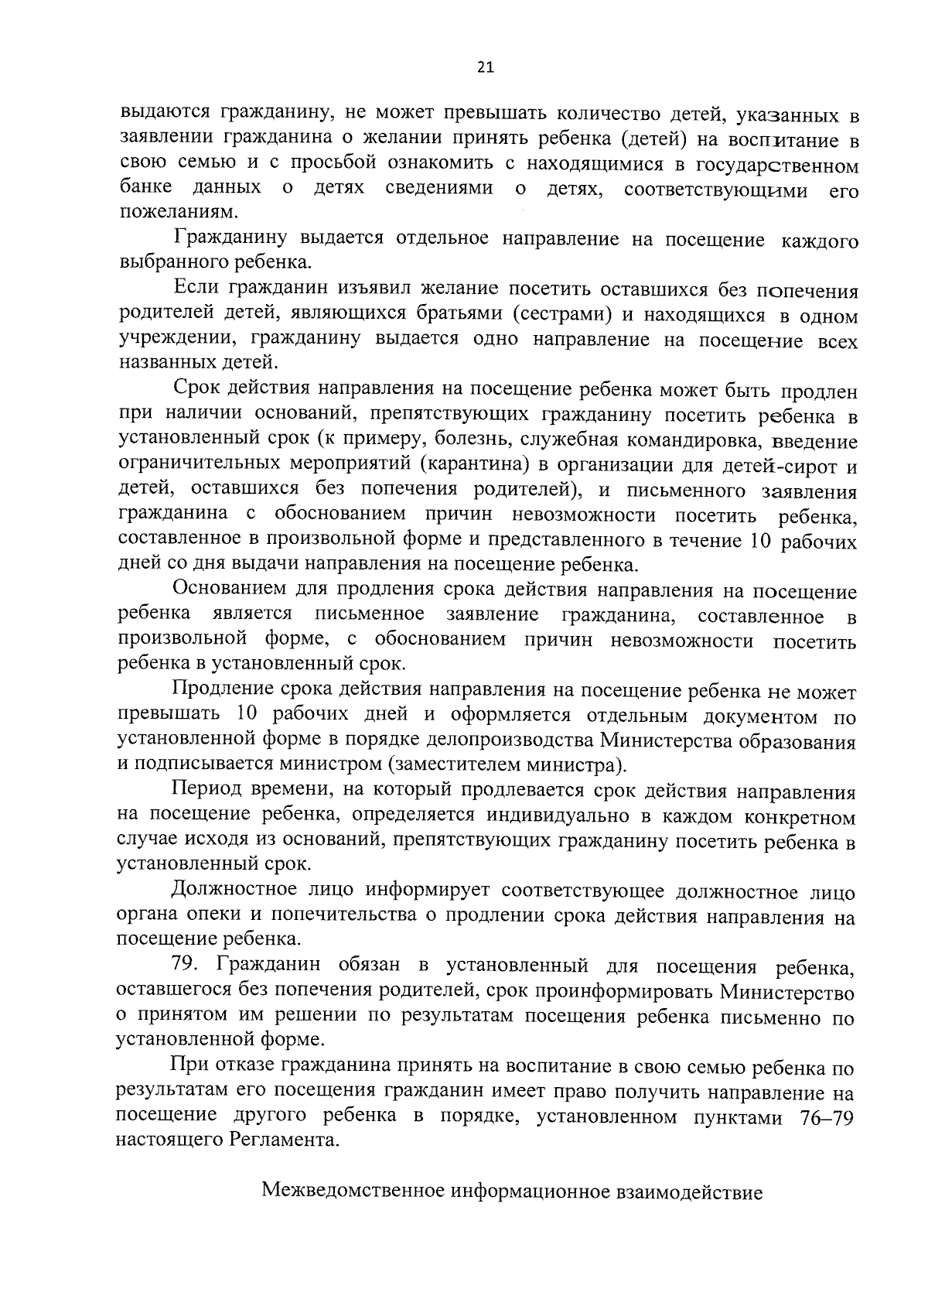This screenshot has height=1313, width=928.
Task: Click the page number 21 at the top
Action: pyautogui.click(x=485, y=67)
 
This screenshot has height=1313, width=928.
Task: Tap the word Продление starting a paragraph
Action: pyautogui.click(x=223, y=691)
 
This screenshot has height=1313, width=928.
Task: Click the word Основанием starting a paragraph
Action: pyautogui.click(x=230, y=591)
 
